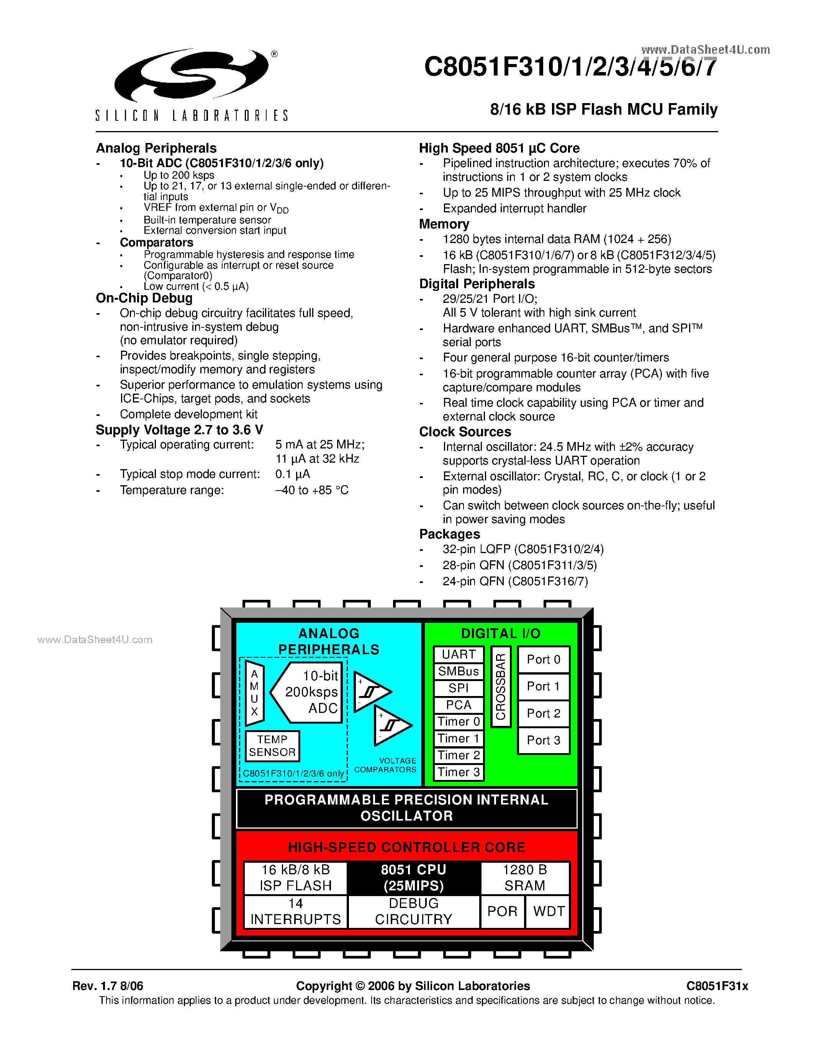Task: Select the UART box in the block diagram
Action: (459, 654)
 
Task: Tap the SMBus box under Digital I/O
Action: (459, 671)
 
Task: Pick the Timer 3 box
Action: (459, 772)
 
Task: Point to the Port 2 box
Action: (544, 713)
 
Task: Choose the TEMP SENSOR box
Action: (272, 745)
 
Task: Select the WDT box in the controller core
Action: (548, 911)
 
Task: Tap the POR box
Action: (502, 911)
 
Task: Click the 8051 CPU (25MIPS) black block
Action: (413, 877)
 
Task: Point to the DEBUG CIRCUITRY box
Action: (413, 911)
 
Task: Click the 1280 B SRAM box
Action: (525, 877)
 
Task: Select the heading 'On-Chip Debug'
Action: (144, 298)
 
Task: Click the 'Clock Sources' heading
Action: (465, 432)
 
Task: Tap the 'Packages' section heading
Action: (449, 534)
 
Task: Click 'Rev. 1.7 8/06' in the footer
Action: (108, 986)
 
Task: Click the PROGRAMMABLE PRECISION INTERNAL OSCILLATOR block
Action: (406, 808)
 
